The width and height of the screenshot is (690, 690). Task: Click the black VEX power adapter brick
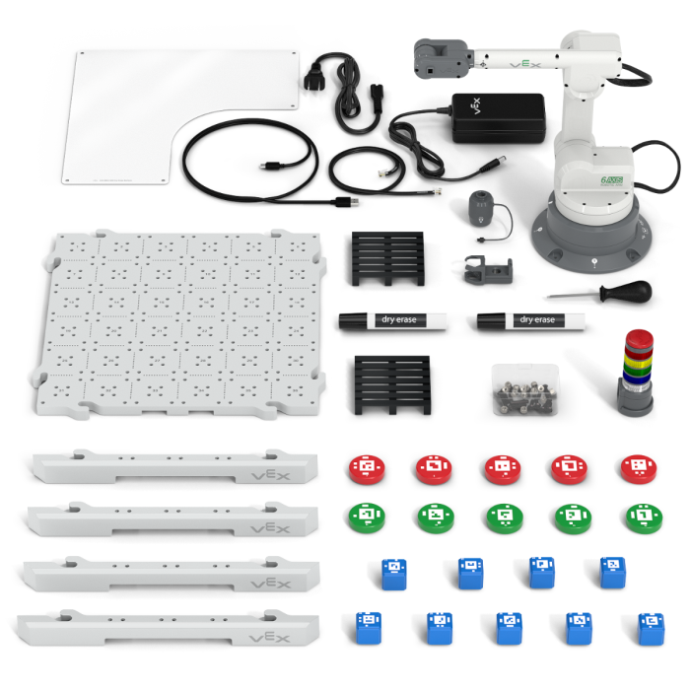pyautogui.click(x=498, y=117)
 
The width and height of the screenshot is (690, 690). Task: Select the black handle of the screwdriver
pyautogui.click(x=630, y=292)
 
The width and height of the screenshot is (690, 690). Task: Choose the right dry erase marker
pyautogui.click(x=529, y=319)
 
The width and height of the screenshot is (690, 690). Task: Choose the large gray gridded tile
pyautogui.click(x=183, y=322)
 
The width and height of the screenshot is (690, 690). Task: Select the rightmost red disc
pyautogui.click(x=639, y=467)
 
